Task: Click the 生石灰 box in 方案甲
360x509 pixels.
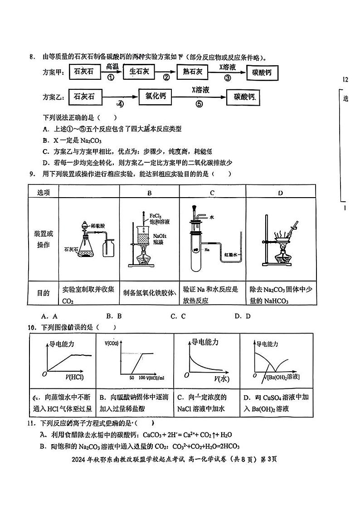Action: click(139, 71)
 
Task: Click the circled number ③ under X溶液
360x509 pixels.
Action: click(228, 78)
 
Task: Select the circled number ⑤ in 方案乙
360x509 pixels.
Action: click(199, 103)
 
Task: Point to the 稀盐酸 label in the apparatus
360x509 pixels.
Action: click(98, 225)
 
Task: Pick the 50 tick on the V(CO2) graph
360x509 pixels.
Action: click(131, 377)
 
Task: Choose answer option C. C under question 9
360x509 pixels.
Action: click(178, 316)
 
